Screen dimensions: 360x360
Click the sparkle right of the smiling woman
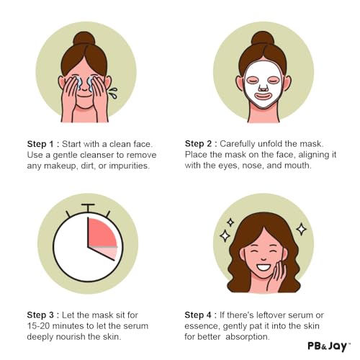tap(302, 229)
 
